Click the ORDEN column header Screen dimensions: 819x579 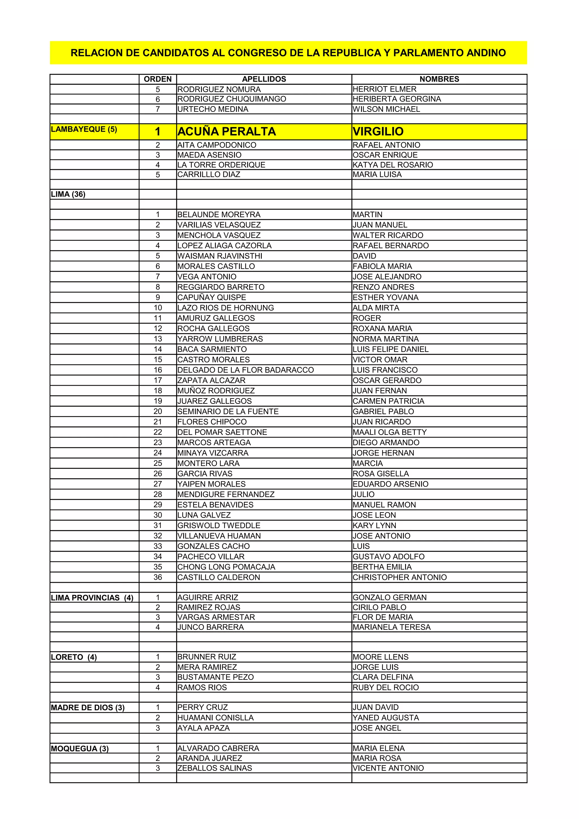(x=158, y=79)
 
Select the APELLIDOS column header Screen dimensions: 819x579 (x=264, y=79)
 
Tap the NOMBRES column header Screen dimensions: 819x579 (x=439, y=79)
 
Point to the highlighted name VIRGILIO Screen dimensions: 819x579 (x=378, y=132)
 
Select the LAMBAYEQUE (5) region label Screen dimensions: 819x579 (x=84, y=129)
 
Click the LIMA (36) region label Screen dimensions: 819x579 (x=68, y=194)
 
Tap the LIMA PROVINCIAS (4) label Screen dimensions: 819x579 (x=92, y=598)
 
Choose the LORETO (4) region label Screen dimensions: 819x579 (x=74, y=657)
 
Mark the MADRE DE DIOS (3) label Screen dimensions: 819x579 (x=88, y=708)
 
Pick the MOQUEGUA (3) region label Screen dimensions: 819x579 (x=80, y=749)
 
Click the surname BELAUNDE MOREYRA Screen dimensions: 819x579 (x=219, y=215)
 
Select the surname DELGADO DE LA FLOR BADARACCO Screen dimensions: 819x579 (x=245, y=370)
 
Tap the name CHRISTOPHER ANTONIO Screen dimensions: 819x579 (x=399, y=577)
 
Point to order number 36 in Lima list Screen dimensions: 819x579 (x=158, y=577)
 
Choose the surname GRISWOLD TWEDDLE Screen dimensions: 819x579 (x=219, y=526)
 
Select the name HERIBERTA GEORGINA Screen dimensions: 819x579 (x=397, y=99)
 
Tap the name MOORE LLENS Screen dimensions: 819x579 (x=380, y=657)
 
